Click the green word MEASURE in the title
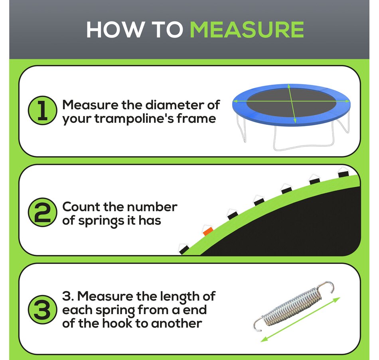point(247,30)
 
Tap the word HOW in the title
point(114,30)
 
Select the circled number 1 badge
point(43,110)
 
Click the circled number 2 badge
point(43,212)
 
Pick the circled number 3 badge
point(43,309)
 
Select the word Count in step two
point(81,207)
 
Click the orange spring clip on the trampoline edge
point(208,231)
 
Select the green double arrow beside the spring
point(300,319)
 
